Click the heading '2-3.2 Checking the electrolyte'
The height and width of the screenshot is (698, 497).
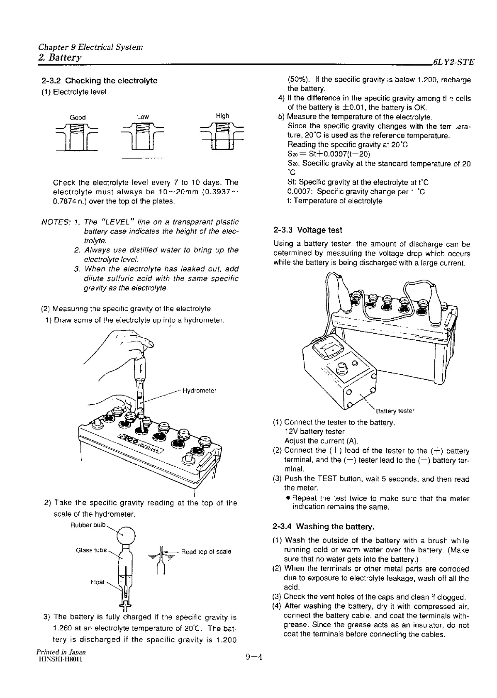tap(99, 81)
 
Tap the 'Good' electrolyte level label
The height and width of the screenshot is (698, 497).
tap(78, 117)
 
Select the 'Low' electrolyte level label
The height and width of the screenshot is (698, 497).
tap(143, 117)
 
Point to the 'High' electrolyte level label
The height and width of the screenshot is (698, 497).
tap(222, 116)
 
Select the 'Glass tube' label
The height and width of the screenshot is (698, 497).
tap(92, 551)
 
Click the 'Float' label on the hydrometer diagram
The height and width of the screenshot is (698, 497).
tap(97, 582)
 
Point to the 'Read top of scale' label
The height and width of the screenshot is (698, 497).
tap(206, 552)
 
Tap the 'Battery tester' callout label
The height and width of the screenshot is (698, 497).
tap(395, 411)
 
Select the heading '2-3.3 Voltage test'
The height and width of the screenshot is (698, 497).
tap(308, 230)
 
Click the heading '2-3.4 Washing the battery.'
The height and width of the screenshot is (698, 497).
tap(324, 527)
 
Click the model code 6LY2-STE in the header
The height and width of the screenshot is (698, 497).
tap(453, 62)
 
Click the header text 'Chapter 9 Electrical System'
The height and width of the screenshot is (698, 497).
tap(90, 47)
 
